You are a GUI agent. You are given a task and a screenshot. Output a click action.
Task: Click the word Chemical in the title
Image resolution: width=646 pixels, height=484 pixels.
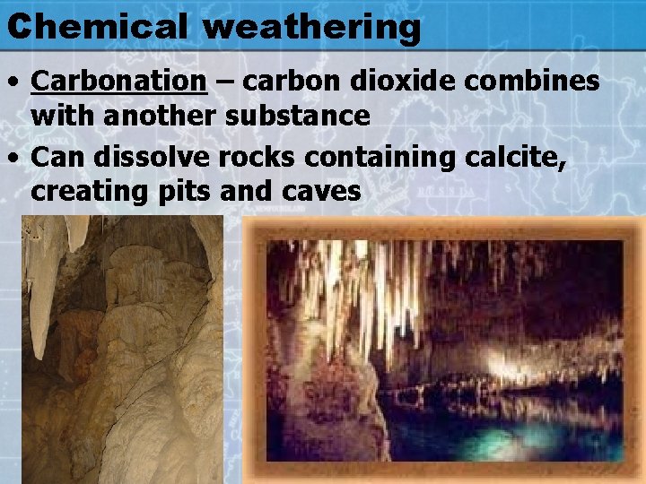97,26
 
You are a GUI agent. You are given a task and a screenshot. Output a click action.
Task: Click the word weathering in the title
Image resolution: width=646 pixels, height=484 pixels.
310,28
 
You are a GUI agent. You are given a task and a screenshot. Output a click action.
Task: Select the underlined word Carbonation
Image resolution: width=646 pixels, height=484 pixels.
119,82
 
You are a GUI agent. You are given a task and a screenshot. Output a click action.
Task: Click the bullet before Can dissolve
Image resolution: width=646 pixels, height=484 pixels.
14,159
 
